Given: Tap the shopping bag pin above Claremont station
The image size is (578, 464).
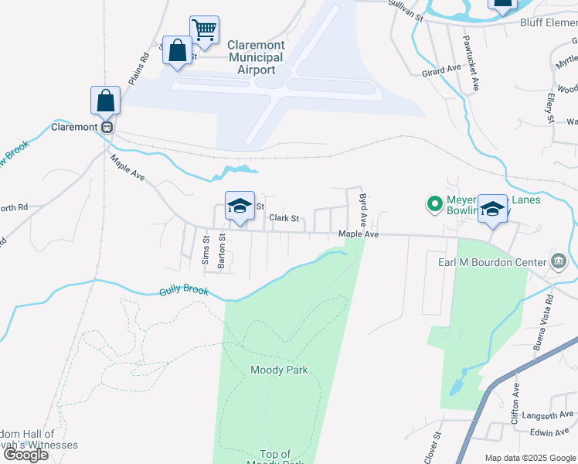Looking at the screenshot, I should [105, 101].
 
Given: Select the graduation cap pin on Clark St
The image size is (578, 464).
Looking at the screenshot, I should [240, 206].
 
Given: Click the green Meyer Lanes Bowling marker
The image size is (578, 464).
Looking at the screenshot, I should [434, 205].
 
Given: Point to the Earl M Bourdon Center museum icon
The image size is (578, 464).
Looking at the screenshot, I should [557, 262].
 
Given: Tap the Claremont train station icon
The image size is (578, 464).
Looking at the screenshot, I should [108, 127].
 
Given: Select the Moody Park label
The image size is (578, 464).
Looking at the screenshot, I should [279, 370].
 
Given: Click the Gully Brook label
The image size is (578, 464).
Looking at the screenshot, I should [184, 292].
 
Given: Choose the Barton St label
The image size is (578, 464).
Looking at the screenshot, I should [222, 251].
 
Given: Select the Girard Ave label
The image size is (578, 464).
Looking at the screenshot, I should [441, 70].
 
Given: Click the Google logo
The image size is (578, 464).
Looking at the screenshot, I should [25, 455].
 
